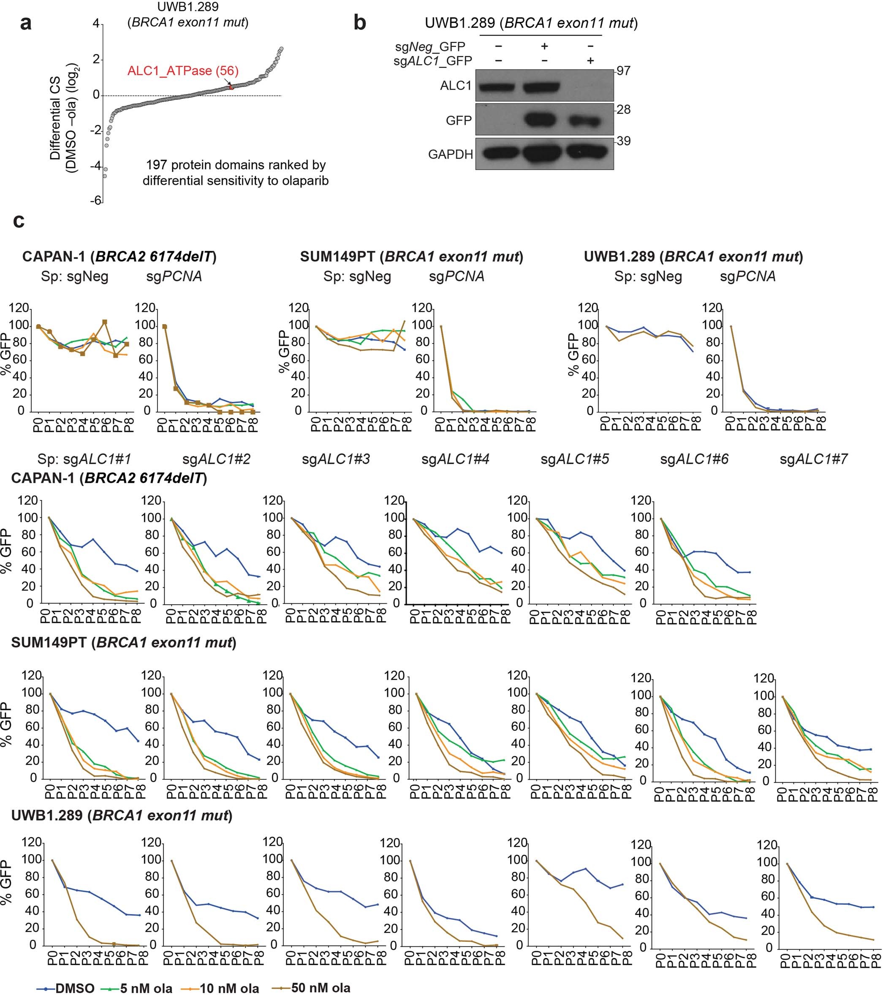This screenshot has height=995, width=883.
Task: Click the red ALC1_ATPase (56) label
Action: point(183,71)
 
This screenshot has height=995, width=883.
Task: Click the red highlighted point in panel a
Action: point(231,87)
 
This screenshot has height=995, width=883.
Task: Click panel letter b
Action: point(359,23)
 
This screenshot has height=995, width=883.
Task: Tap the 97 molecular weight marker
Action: point(623,71)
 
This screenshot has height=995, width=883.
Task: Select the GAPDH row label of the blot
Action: point(451,155)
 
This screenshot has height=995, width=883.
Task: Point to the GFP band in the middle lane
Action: point(544,119)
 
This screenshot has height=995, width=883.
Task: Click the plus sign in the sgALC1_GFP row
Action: point(590,61)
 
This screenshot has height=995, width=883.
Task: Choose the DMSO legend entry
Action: point(66,988)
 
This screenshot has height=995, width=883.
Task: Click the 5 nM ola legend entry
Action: point(137,988)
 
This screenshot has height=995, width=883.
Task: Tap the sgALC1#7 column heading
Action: point(813,459)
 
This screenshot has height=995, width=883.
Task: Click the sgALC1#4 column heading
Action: point(455,459)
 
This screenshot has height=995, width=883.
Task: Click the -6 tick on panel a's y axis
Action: point(95,200)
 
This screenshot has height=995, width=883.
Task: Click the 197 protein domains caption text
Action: point(235,173)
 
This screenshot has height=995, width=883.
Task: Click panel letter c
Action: point(19,221)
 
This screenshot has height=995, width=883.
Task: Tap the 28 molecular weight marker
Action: point(623,110)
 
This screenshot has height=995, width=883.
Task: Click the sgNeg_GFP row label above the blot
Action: point(430,47)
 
